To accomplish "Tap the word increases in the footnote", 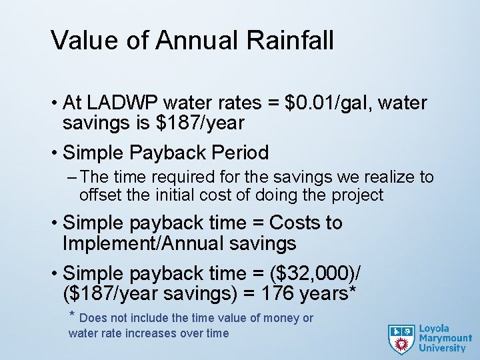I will click(x=151, y=333).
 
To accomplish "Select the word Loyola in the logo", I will click(x=434, y=328).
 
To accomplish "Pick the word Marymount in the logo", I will click(x=445, y=338).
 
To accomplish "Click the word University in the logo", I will click(x=442, y=347).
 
